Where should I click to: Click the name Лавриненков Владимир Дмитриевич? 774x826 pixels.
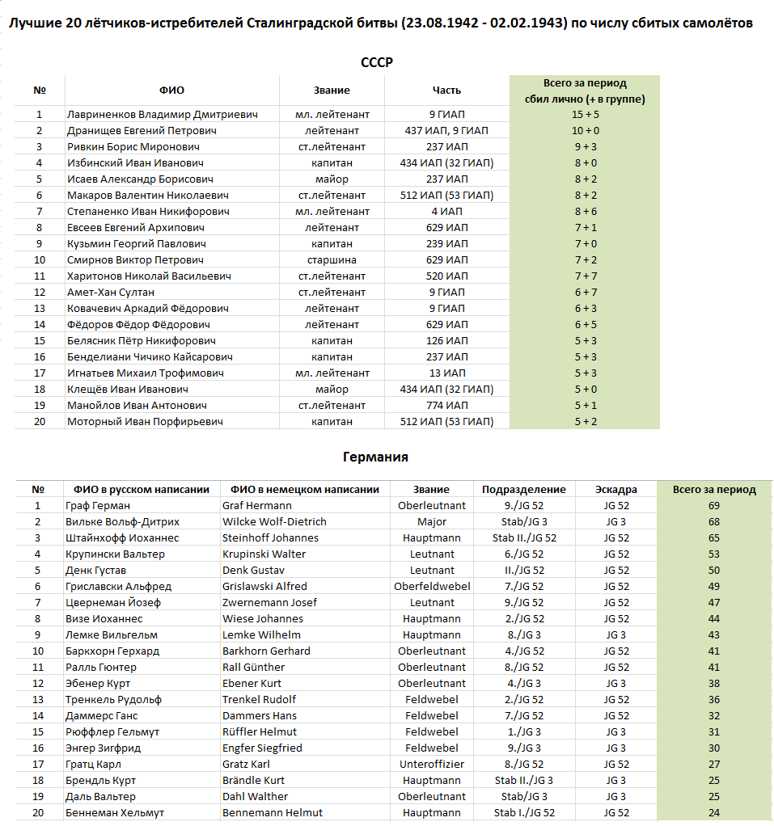162,115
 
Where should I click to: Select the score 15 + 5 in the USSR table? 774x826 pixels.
585,115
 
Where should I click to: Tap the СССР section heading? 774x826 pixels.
376,62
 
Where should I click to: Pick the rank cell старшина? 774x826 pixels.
332,260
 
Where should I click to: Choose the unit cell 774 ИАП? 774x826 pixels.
446,406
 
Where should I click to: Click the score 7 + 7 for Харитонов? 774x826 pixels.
585,276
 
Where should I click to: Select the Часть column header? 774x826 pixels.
446,91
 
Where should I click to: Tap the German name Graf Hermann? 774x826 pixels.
257,506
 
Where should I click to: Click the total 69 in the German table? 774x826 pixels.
713,506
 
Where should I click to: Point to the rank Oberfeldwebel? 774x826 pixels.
432,587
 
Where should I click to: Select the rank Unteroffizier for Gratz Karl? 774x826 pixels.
432,765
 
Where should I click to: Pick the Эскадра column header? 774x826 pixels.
615,490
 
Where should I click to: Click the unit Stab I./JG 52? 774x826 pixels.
524,813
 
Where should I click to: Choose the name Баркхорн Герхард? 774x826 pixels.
112,651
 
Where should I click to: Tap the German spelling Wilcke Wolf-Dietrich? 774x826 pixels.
274,522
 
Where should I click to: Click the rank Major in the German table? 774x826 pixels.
432,522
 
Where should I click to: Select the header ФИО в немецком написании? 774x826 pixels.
304,490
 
